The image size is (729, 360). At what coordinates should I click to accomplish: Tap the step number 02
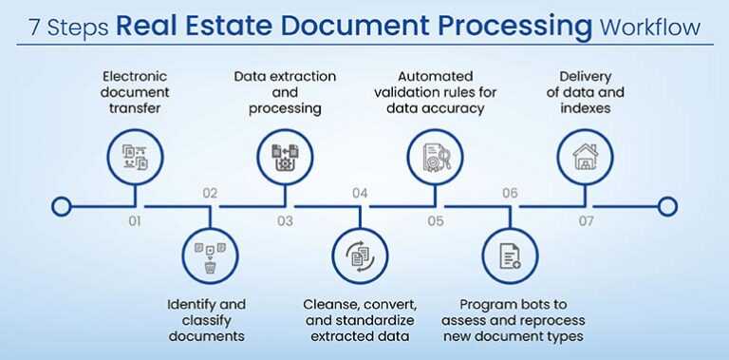(x=210, y=193)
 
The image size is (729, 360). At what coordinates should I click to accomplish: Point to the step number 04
(x=360, y=193)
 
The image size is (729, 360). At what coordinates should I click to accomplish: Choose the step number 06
(x=510, y=193)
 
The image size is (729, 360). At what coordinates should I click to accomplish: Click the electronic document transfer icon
(x=135, y=157)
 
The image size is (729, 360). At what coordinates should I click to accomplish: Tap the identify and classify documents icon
(x=210, y=256)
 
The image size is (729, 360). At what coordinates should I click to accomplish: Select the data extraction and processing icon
(x=285, y=157)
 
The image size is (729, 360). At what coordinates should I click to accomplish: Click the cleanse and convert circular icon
(x=360, y=256)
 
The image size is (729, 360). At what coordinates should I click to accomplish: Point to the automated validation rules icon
(x=435, y=157)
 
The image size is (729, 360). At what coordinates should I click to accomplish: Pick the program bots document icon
(x=510, y=256)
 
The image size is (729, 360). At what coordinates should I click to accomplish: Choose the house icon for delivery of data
(x=585, y=157)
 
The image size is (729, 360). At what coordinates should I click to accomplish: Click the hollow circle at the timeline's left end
(x=62, y=206)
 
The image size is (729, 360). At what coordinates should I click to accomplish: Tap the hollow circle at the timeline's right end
(x=666, y=206)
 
